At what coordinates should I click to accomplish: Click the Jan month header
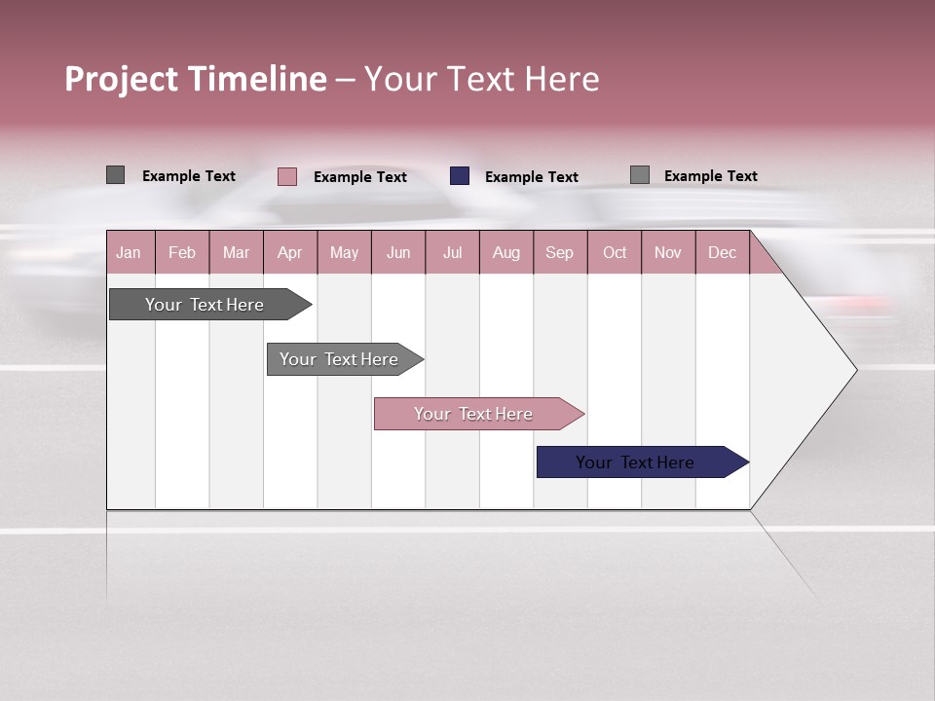click(x=129, y=252)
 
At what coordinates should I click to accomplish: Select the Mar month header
click(x=236, y=252)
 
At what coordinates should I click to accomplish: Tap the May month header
click(x=344, y=252)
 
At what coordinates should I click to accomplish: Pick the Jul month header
click(x=452, y=252)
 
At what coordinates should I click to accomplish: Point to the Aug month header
click(x=505, y=252)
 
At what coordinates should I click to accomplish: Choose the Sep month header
click(x=559, y=252)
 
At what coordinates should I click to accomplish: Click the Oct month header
click(x=615, y=252)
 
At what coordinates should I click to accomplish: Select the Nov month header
click(x=668, y=252)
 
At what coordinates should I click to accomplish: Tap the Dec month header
click(x=722, y=252)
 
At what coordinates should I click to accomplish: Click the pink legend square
click(x=287, y=176)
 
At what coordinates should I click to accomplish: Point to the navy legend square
click(x=460, y=176)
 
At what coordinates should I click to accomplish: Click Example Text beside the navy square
click(x=532, y=177)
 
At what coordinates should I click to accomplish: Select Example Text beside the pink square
click(x=360, y=177)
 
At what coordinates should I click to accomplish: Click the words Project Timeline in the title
click(x=196, y=79)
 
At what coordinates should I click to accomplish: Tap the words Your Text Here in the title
click(x=482, y=79)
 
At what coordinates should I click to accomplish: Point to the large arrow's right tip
click(x=854, y=369)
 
